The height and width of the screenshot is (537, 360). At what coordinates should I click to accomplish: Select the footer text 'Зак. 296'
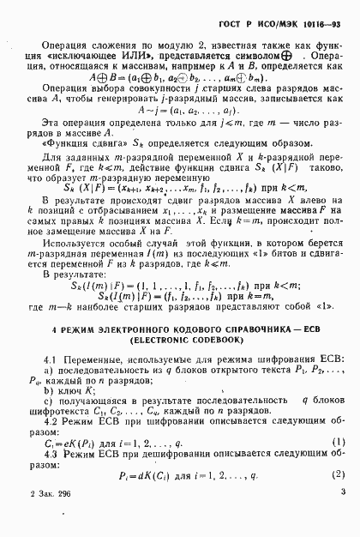click(51, 517)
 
